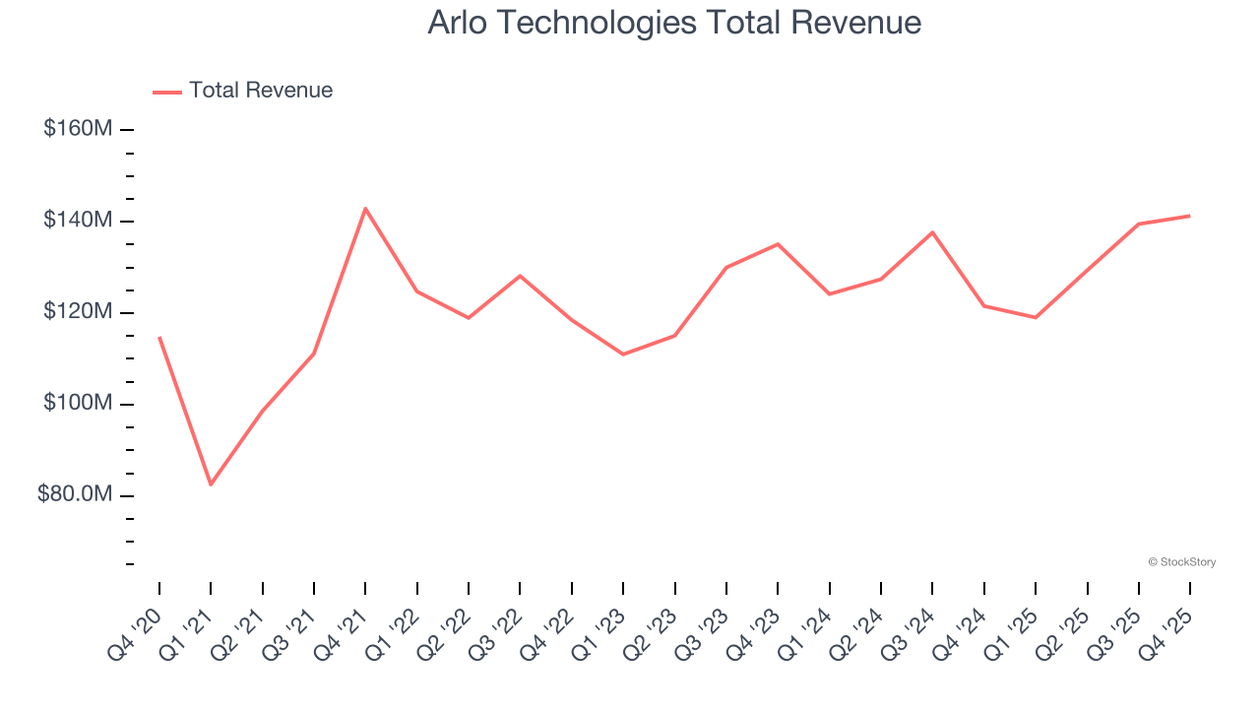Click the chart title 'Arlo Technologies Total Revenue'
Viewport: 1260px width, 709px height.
pos(674,23)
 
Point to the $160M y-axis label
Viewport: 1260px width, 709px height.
pos(78,129)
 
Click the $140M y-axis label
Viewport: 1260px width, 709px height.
pos(78,221)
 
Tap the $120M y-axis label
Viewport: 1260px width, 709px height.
pos(78,312)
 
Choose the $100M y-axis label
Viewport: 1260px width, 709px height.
pos(78,404)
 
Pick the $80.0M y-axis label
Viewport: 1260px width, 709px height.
pos(75,494)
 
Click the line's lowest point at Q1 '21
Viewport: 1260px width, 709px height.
pos(211,484)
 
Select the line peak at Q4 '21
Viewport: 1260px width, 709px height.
pos(365,209)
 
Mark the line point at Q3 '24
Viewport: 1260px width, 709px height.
pos(932,232)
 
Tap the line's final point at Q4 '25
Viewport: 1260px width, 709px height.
pos(1190,216)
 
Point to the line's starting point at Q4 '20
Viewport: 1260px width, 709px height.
pos(159,338)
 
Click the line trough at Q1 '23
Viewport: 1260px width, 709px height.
pos(623,354)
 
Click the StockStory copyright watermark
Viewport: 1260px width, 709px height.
pos(1181,562)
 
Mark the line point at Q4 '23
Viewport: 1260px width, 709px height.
pos(778,244)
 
